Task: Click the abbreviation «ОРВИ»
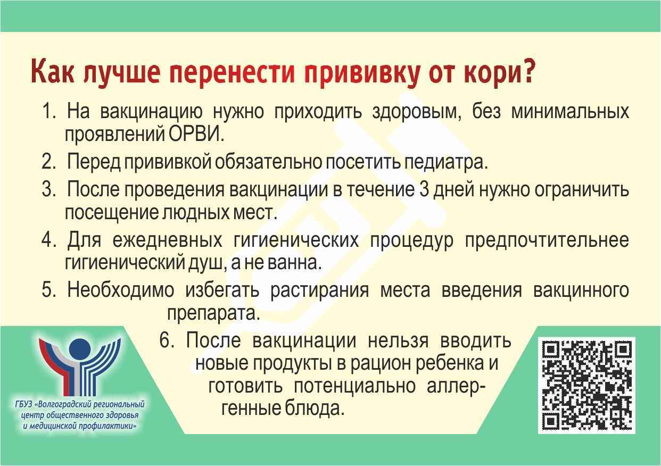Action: tap(194, 134)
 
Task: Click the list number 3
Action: tap(48, 189)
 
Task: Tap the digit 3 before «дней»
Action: tap(424, 189)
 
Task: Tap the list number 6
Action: tap(167, 340)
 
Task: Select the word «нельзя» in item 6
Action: tap(398, 341)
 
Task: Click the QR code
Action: tap(586, 386)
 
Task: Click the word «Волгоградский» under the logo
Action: tap(64, 404)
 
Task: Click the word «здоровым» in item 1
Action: tap(417, 112)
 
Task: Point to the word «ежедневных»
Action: tap(167, 240)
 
